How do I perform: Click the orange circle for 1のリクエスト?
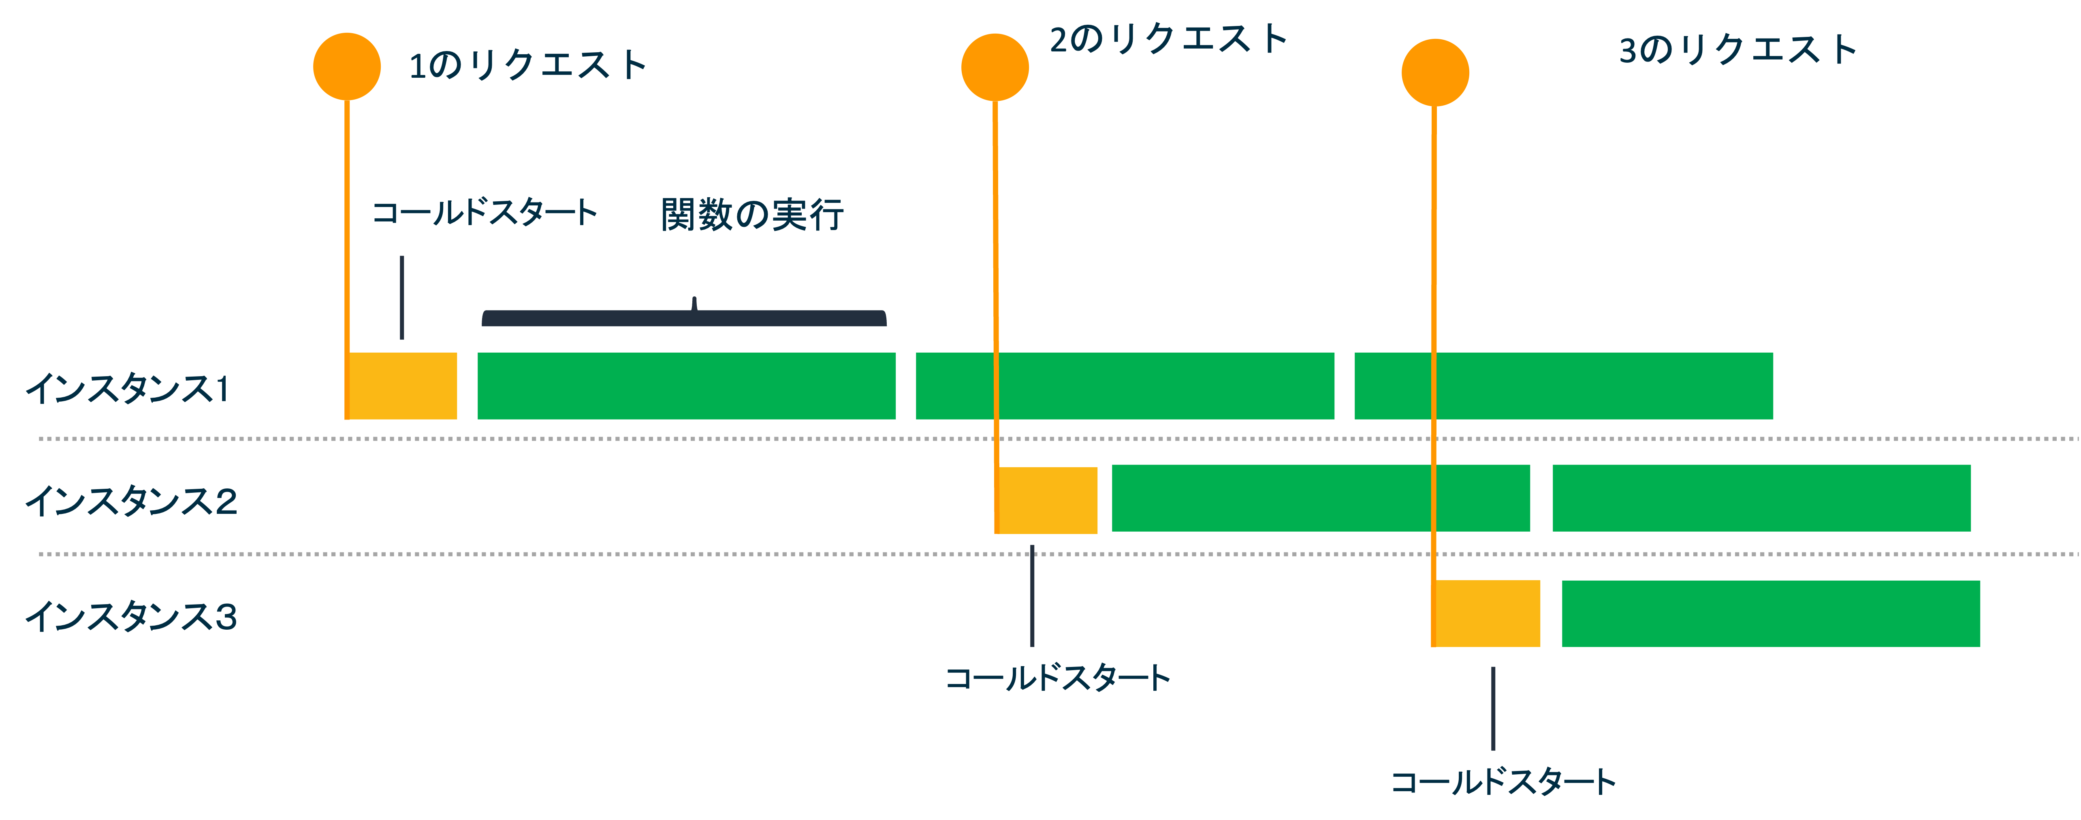pyautogui.click(x=347, y=66)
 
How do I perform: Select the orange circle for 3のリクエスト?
pyautogui.click(x=1435, y=73)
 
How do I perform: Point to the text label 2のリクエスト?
pyautogui.click(x=1167, y=39)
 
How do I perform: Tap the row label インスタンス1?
pyautogui.click(x=128, y=389)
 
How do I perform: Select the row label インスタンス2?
pyautogui.click(x=131, y=501)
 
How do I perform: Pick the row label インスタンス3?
pyautogui.click(x=131, y=616)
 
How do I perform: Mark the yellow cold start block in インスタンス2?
pyautogui.click(x=1047, y=500)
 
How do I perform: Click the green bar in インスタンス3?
pyautogui.click(x=1771, y=613)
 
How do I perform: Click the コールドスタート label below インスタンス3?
pyautogui.click(x=1503, y=782)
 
